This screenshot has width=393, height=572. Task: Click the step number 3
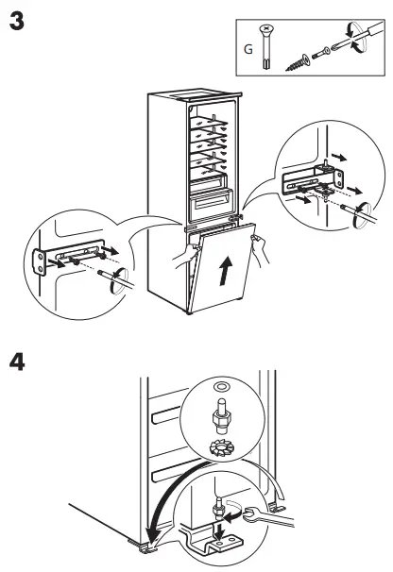(15, 20)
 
